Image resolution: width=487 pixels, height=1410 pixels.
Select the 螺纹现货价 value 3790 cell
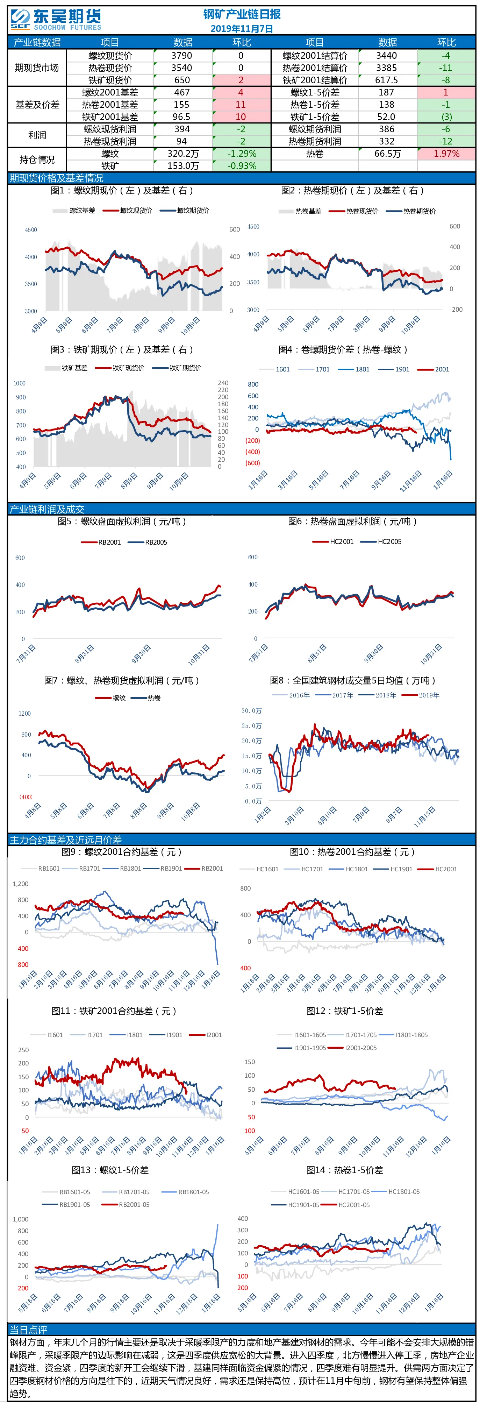182,55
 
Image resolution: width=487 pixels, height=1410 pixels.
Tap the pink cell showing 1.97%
446,154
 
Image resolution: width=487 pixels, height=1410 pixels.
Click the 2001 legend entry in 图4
434,369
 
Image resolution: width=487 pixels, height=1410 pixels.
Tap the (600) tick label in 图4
252,463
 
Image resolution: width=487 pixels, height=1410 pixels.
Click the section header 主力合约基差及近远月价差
66,839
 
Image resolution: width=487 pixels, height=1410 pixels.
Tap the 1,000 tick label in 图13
20,1219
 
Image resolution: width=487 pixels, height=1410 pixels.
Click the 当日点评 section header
28,1330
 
